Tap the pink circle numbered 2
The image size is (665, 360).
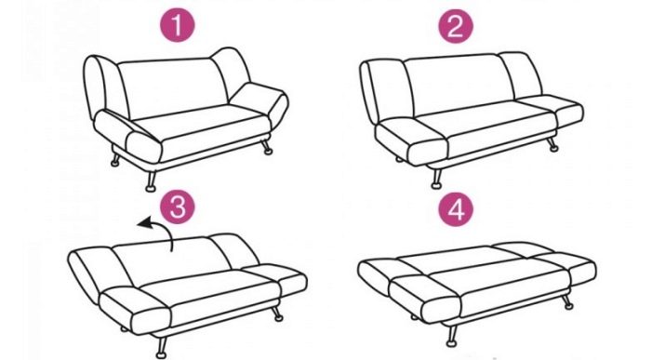coord(456,26)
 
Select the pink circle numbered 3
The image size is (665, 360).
coord(178,207)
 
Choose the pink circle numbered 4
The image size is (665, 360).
coord(456,209)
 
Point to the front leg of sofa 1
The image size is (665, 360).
coord(150,180)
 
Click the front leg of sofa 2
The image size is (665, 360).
coord(437,178)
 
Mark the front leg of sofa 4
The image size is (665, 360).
coord(452,336)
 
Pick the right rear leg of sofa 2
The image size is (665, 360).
coord(552,144)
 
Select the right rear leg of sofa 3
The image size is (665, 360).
coord(277,312)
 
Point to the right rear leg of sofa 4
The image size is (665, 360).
coord(567,302)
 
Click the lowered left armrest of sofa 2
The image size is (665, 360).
coord(410,140)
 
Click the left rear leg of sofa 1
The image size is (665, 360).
coord(115,158)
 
